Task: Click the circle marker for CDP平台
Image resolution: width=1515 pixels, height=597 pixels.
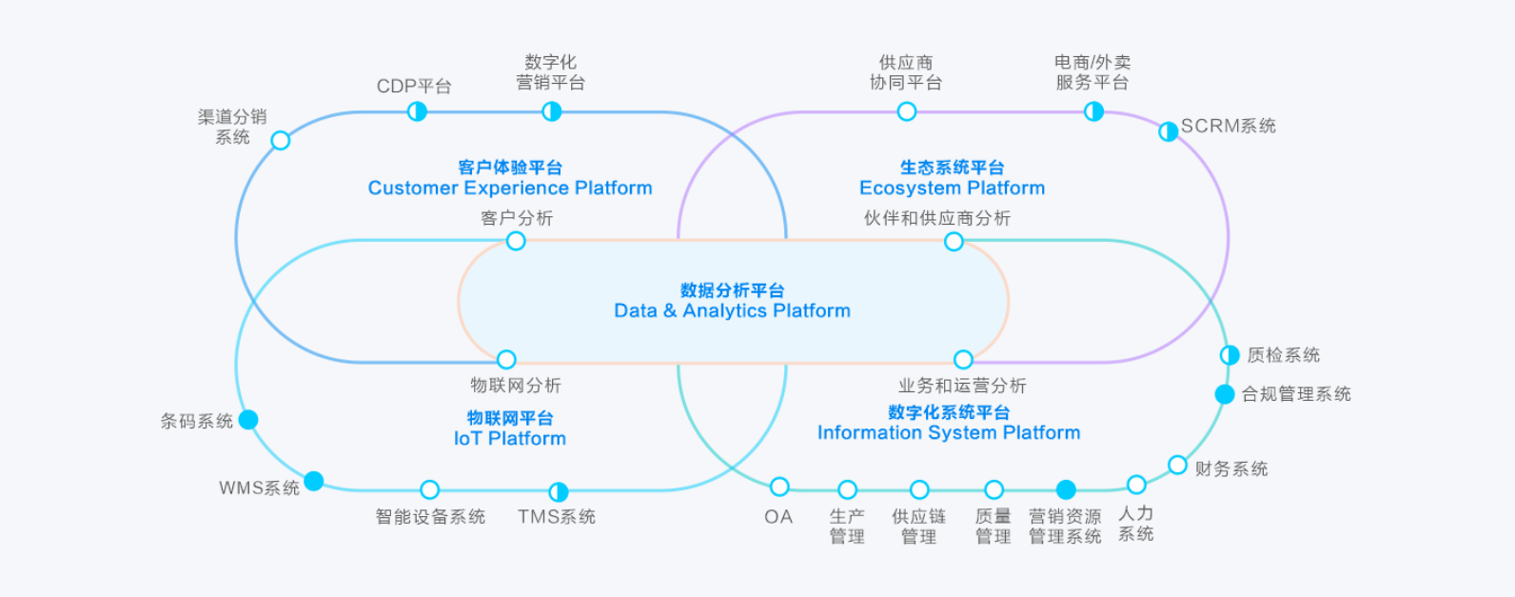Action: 417,111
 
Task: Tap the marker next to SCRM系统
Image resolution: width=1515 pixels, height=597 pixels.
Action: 1168,131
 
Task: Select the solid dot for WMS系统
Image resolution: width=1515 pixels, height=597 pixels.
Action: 314,481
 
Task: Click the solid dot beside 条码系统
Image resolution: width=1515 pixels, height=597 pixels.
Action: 248,420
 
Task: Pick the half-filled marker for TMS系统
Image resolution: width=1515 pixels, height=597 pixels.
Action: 559,491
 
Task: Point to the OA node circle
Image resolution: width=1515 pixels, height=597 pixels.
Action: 779,488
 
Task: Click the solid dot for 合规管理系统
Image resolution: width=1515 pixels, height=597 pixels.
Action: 1225,394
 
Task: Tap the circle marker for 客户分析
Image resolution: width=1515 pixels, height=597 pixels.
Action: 516,241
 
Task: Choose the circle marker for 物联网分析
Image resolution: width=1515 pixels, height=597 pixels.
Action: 506,359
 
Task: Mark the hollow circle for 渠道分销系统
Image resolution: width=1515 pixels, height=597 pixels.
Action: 281,141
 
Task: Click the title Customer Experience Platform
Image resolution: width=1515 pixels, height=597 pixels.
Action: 510,188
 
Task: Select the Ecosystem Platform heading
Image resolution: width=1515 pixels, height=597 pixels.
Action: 952,188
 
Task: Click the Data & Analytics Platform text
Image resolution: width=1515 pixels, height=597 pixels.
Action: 732,310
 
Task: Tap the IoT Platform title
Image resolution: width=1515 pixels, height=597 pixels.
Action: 510,438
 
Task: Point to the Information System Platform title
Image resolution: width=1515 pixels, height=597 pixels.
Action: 949,432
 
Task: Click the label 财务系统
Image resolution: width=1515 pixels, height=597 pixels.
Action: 1231,468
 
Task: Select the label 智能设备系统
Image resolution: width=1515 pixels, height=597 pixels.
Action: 430,516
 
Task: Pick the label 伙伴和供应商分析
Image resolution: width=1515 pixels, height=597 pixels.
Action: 936,218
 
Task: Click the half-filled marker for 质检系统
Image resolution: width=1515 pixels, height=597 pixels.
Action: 1230,355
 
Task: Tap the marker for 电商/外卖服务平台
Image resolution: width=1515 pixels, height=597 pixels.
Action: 1094,111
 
